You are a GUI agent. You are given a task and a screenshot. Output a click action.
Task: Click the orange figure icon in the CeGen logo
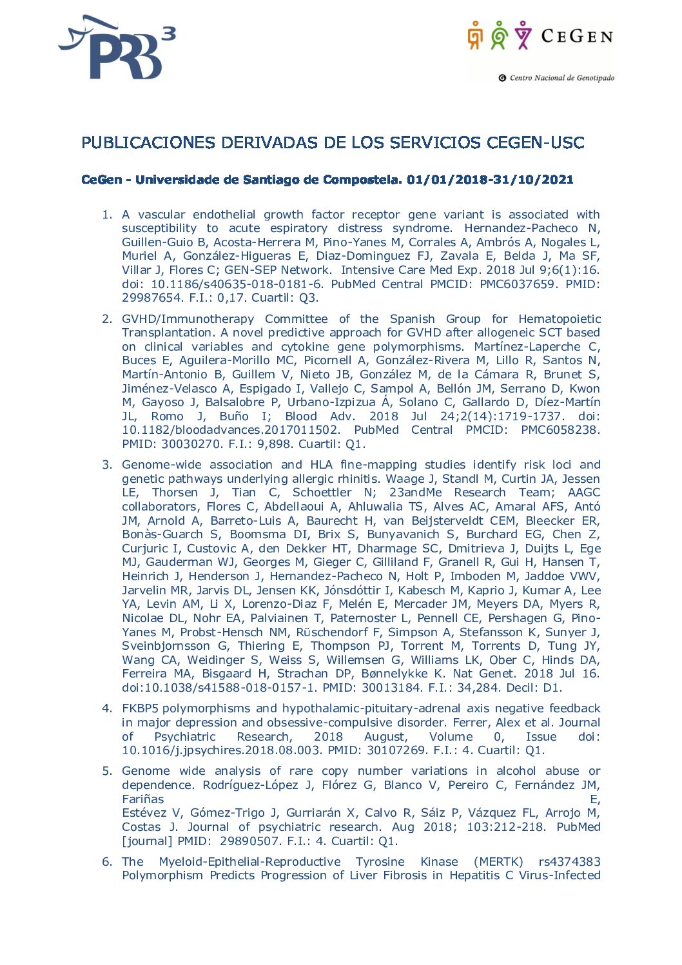475,35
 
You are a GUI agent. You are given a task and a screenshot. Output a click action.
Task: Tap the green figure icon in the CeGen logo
499,35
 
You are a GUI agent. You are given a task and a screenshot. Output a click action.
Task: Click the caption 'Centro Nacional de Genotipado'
561,78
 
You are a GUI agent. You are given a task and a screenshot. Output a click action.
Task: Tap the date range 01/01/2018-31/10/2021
490,180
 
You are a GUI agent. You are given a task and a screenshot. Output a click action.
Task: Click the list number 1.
107,215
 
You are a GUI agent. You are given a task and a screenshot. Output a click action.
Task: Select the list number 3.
107,465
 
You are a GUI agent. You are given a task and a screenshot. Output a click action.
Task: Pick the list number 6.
107,862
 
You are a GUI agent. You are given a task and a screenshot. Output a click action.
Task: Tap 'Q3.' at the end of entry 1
309,298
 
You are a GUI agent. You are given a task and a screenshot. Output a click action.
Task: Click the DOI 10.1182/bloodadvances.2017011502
230,430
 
